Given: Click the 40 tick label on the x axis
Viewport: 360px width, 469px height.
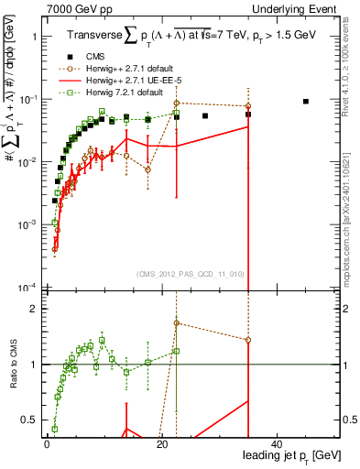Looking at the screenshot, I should click(277, 444).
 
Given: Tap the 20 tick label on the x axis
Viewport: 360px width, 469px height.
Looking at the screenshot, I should click(161, 444).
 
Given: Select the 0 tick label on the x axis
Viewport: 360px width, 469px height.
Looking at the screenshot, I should click(47, 444).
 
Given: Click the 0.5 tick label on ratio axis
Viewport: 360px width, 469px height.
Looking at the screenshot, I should click(27, 420).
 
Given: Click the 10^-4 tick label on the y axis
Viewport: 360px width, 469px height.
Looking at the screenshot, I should click(26, 288).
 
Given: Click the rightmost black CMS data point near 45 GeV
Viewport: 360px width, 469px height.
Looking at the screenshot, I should click(306, 102).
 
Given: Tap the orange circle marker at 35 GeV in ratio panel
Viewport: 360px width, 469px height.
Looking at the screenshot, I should click(248, 339).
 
